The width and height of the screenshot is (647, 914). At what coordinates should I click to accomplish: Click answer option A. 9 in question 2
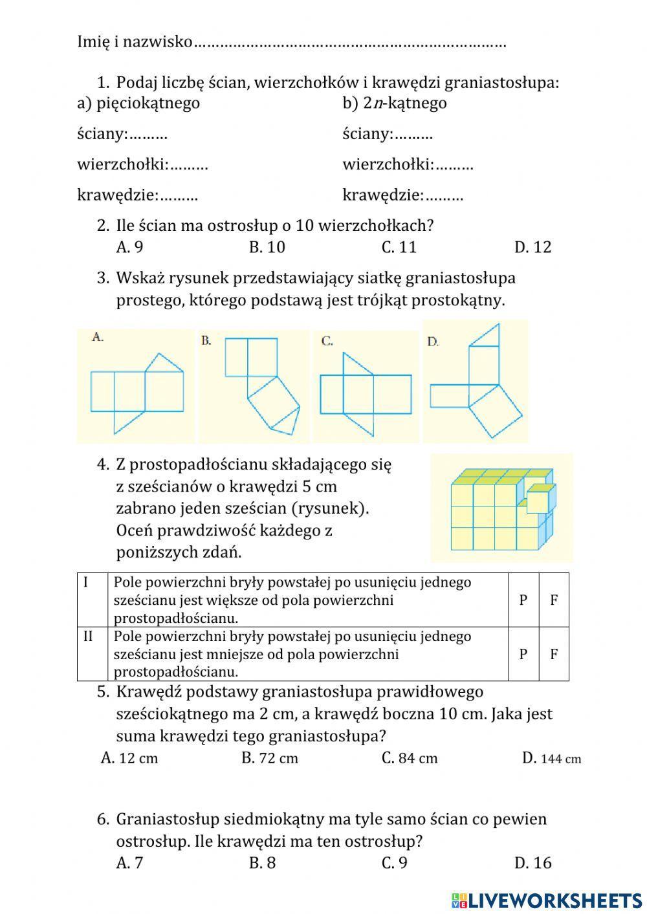coord(129,247)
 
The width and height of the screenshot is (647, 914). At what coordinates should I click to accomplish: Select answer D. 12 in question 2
coord(532,247)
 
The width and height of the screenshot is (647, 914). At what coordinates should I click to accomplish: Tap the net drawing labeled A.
coord(135,386)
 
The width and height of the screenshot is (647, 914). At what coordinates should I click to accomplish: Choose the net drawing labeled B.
coord(254,386)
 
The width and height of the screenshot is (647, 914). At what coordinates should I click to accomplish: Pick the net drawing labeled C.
coord(366,386)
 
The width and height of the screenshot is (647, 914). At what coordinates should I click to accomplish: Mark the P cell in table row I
coord(523,600)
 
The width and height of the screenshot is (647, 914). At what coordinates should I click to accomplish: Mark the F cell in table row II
coord(554,654)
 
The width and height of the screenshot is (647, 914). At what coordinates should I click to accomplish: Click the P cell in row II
coord(523,654)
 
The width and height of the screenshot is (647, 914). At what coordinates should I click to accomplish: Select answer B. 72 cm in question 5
coord(270,758)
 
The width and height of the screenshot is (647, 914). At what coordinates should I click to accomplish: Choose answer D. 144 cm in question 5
coord(551,758)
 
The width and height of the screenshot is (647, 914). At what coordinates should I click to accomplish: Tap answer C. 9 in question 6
coord(395,863)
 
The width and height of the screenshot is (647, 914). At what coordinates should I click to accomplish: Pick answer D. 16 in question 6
coord(532,863)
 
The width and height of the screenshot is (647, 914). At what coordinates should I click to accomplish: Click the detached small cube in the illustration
coord(540,499)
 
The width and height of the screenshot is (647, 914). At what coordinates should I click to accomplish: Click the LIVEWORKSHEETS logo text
coord(554,900)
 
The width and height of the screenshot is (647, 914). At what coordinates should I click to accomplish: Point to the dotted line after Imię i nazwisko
coord(349,44)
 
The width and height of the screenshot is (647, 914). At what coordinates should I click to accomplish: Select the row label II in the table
coord(89,636)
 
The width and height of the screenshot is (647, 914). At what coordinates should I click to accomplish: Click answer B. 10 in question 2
coord(267,247)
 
